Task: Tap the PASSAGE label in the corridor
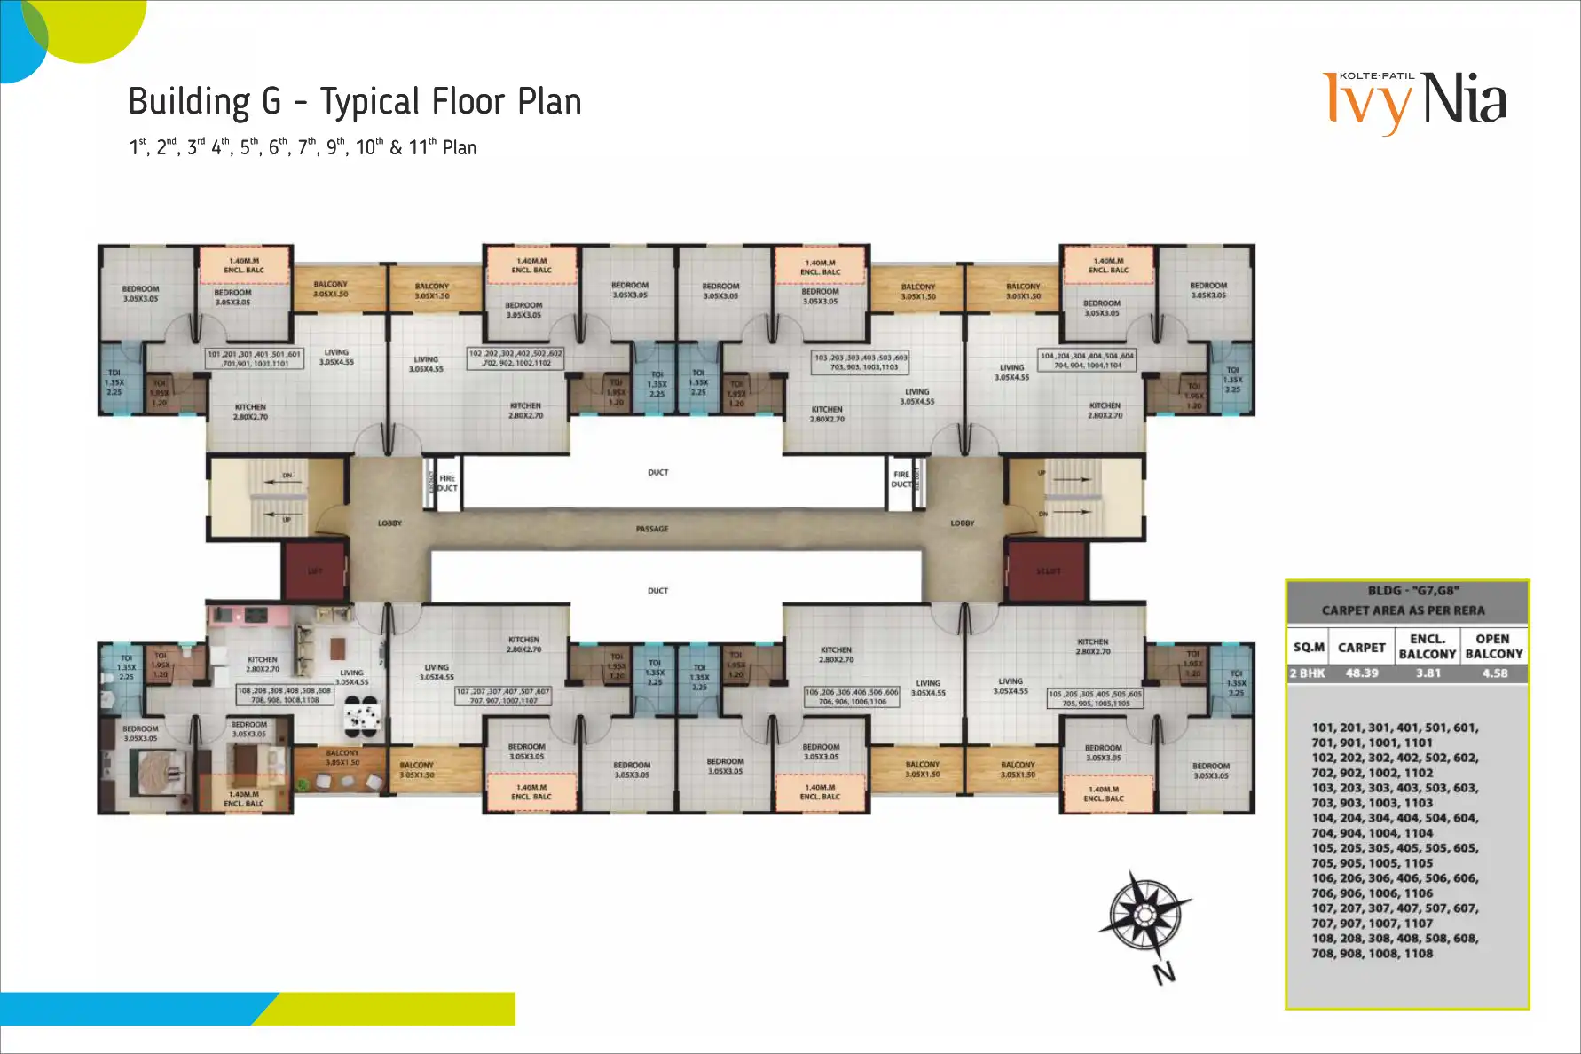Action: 652,529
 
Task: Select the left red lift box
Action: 315,571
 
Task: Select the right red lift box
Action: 1048,571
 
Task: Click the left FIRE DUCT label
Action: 447,483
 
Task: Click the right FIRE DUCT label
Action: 901,479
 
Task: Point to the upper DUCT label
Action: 658,473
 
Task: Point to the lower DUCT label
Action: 657,591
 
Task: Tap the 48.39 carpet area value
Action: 1362,673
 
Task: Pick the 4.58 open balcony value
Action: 1495,673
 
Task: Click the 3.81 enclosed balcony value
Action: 1428,673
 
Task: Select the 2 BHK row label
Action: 1308,673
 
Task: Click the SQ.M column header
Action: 1309,648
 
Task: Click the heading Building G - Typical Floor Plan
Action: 355,102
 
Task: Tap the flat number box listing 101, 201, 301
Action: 255,358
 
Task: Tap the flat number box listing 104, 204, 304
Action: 1088,360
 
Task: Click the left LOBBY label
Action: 389,523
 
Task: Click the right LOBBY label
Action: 963,523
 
